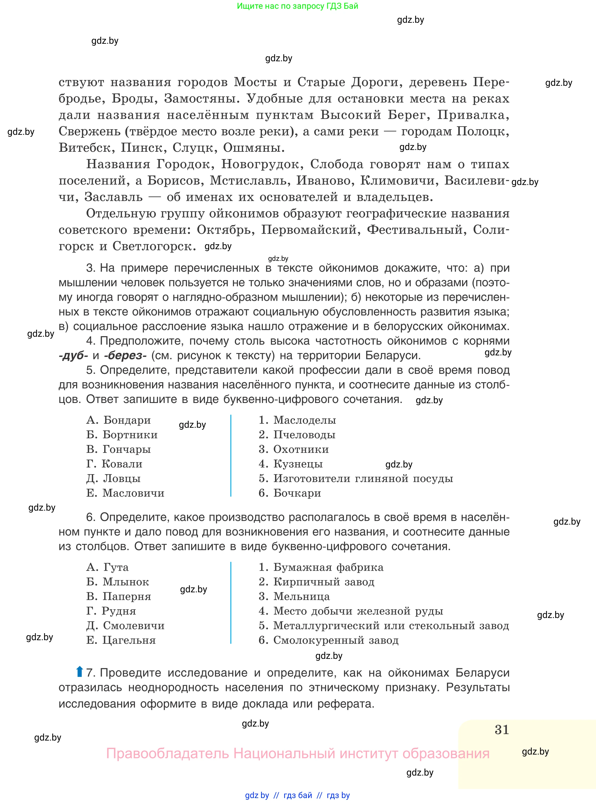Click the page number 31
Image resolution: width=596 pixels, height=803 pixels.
pos(501,729)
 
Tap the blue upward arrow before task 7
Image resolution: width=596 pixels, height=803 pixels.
pos(79,672)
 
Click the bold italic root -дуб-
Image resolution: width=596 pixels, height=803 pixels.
pos(73,355)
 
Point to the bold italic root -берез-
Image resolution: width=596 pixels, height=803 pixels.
pos(125,355)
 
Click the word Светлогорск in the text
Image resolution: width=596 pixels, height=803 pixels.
pos(154,246)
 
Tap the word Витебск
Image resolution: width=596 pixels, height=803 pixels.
pos(86,148)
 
